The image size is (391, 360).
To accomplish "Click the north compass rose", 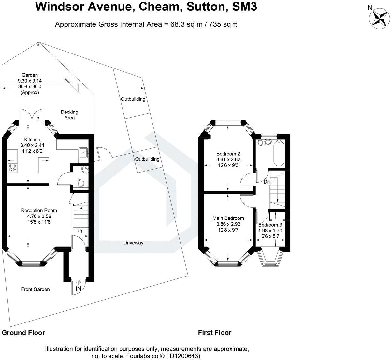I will [379, 18].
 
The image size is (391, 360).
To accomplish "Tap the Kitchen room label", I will [32, 139].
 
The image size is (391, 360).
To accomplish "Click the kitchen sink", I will [83, 152].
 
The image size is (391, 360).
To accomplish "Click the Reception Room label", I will [39, 210].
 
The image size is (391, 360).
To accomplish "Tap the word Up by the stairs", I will [80, 231].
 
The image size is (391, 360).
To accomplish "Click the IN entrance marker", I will [79, 289].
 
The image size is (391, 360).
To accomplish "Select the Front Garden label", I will [35, 289].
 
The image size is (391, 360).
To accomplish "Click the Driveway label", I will [133, 243].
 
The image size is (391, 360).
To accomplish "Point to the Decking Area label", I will [69, 115].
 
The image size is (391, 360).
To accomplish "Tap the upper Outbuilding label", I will [133, 99].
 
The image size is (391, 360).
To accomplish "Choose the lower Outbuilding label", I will [147, 159].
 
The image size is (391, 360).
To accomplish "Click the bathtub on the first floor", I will [279, 153].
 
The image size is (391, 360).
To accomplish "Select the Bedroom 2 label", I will [228, 154].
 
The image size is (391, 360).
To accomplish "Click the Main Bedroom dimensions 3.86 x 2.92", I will [228, 224].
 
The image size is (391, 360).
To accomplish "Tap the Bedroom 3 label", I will [270, 225].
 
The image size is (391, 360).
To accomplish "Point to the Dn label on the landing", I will [267, 182].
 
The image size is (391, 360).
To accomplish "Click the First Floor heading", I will [215, 333].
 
